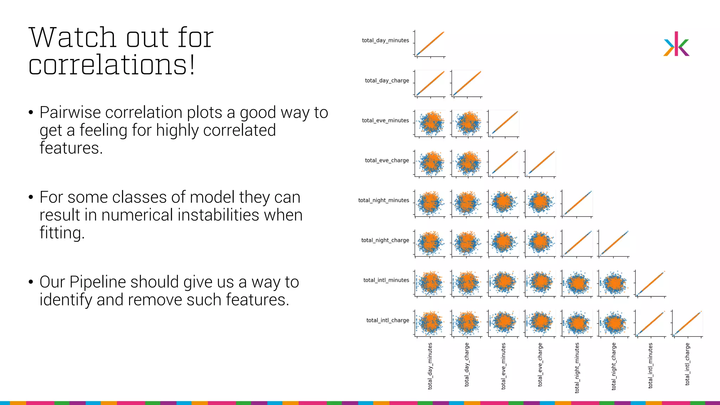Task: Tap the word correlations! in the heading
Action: click(x=111, y=65)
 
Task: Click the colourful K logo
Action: click(x=676, y=44)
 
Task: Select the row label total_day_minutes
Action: click(x=385, y=40)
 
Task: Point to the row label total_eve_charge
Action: click(x=387, y=160)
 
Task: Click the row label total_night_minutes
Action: click(x=384, y=200)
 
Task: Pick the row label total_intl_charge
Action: click(x=387, y=320)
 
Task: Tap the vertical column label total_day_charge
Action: click(x=467, y=365)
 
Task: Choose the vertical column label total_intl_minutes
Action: click(x=650, y=366)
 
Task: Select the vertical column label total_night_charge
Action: click(x=614, y=366)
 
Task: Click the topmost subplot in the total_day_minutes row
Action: click(x=430, y=44)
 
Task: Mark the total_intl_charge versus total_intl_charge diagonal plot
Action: click(x=687, y=323)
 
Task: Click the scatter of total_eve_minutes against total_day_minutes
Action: click(x=430, y=123)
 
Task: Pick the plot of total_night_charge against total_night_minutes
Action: click(x=577, y=243)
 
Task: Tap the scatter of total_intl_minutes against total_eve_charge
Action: click(x=540, y=283)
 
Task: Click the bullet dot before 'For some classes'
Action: click(x=31, y=197)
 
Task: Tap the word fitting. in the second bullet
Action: click(x=62, y=233)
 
